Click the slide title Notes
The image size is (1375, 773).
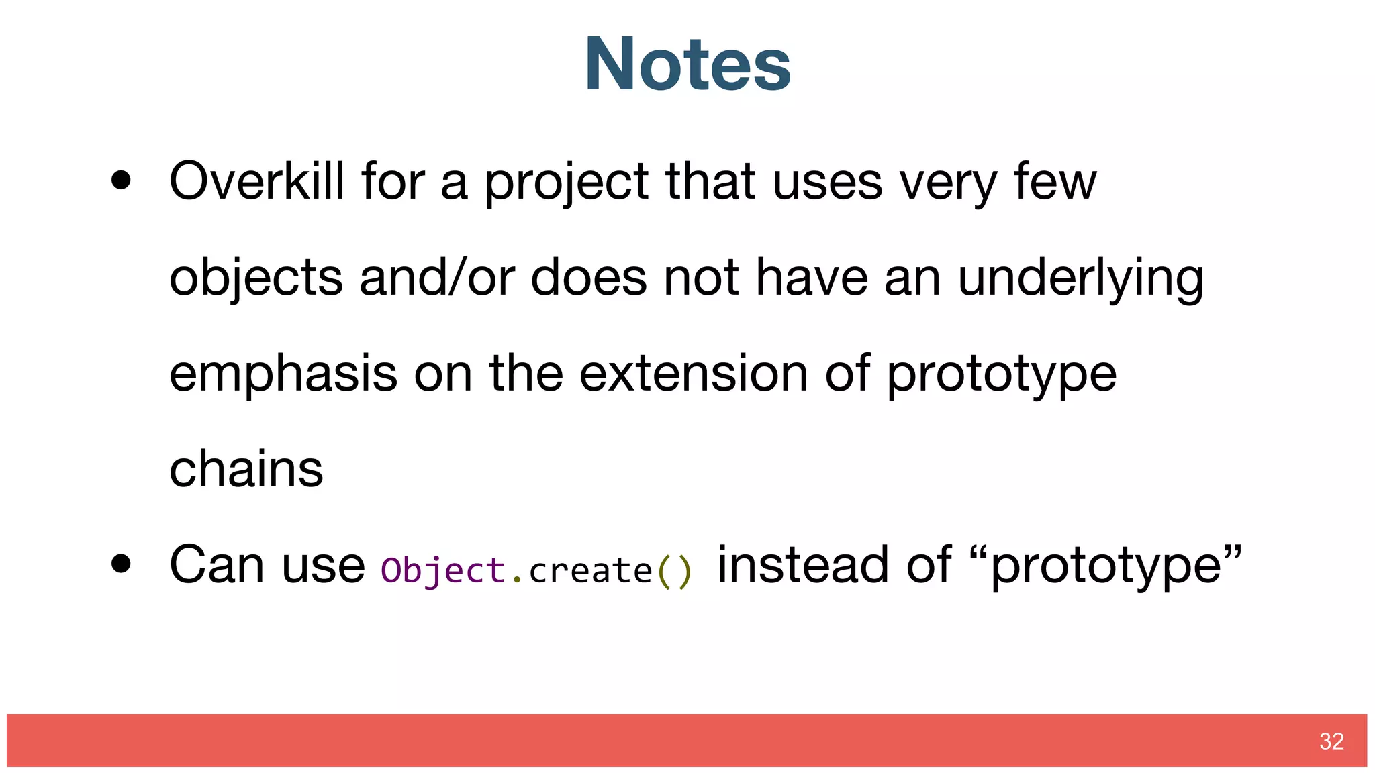(687, 64)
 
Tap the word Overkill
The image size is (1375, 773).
(257, 181)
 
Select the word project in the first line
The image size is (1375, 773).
(566, 183)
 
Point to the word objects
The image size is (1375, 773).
(256, 278)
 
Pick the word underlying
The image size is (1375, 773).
(1080, 278)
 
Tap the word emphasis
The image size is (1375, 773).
(283, 374)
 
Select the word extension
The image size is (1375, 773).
(694, 373)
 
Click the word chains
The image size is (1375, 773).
(246, 469)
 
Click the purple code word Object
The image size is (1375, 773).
(442, 570)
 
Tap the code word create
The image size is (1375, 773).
(590, 572)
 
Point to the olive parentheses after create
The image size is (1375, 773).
(673, 572)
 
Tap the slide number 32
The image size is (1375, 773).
(1331, 741)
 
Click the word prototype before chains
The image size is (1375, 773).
(1001, 374)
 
